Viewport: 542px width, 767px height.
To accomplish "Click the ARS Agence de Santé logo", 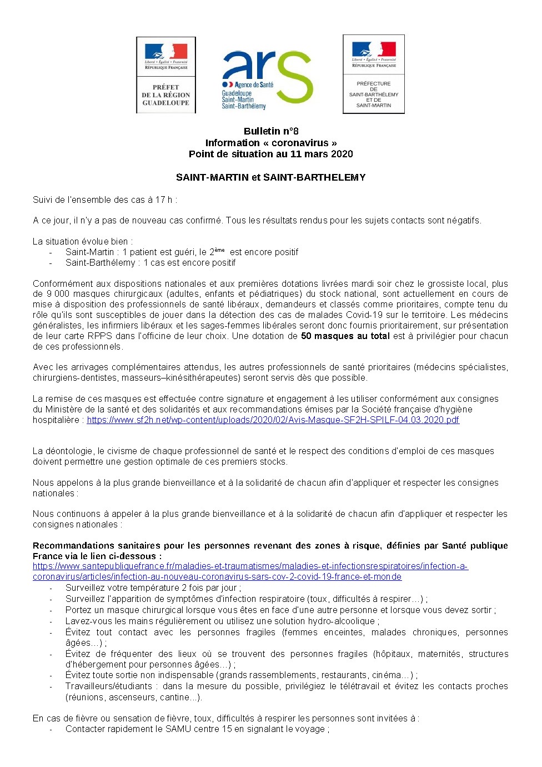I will tap(267, 78).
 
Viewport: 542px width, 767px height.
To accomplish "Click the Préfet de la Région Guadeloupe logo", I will tap(166, 76).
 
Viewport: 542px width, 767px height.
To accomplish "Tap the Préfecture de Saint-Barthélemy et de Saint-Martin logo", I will tap(374, 74).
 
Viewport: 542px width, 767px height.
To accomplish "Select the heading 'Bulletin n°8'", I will tap(271, 131).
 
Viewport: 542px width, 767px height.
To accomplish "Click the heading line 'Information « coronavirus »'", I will tap(271, 143).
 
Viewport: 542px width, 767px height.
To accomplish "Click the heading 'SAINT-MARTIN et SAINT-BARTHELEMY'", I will tap(271, 177).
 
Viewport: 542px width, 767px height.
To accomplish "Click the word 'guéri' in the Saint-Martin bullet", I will tap(183, 252).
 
